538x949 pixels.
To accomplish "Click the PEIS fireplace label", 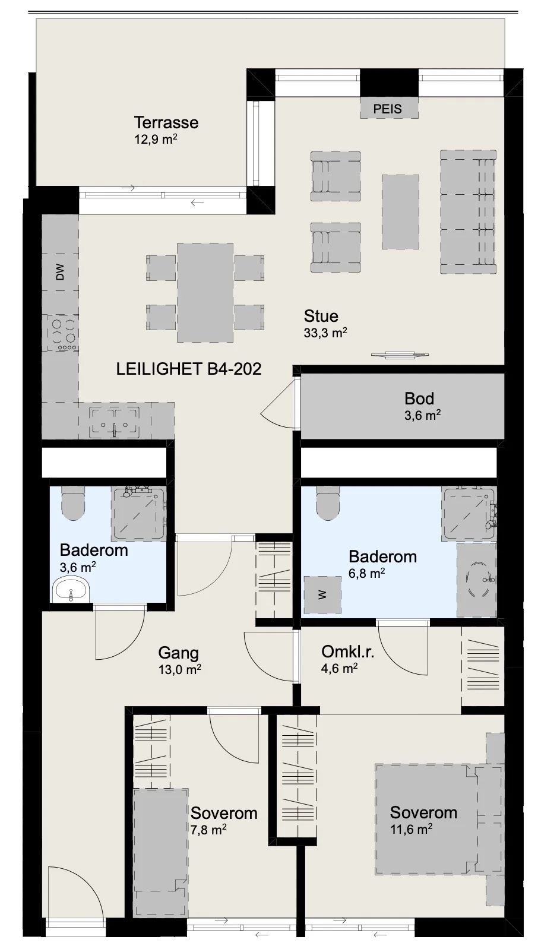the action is [x=387, y=109].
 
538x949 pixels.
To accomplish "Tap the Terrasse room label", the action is [x=166, y=122].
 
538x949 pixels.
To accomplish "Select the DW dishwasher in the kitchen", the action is [x=60, y=272].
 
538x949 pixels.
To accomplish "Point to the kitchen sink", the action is [x=115, y=422].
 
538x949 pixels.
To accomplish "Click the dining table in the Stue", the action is [x=205, y=292].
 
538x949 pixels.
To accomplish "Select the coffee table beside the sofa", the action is [x=400, y=212].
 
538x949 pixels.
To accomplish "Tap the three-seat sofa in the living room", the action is [x=468, y=211].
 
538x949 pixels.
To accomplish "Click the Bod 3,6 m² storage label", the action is [x=422, y=406].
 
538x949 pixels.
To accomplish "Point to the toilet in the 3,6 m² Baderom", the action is [x=73, y=502].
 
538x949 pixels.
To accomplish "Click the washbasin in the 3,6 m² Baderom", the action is [x=71, y=590].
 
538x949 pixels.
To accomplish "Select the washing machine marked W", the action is [x=322, y=594].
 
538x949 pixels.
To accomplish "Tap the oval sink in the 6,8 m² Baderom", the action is [x=477, y=579].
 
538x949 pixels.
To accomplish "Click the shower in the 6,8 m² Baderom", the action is [x=469, y=514].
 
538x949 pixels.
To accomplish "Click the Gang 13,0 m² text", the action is [x=179, y=660].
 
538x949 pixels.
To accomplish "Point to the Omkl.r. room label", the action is [x=347, y=651].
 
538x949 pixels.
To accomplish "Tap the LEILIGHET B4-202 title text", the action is [x=189, y=369].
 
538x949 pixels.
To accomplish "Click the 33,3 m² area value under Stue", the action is [x=325, y=333].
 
